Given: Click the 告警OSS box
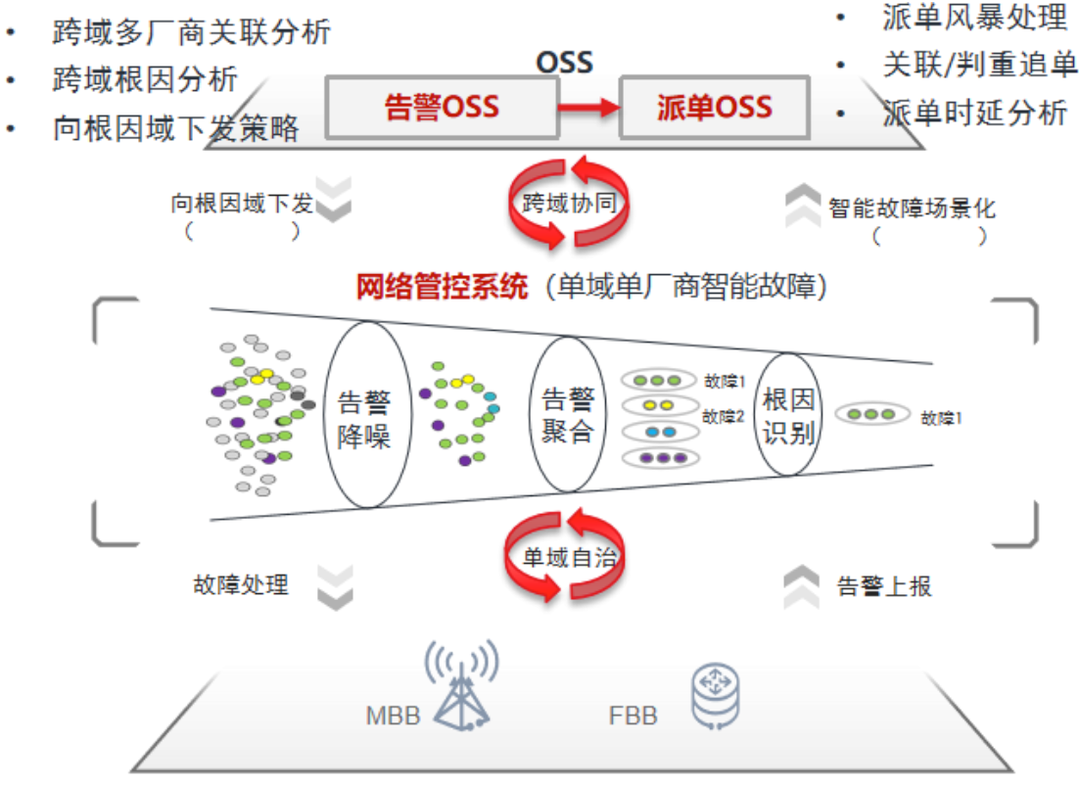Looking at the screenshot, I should (442, 107).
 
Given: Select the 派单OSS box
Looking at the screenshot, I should (714, 107).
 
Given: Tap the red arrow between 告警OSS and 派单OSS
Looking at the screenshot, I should (588, 107).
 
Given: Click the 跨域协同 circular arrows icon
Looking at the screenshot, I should (569, 202).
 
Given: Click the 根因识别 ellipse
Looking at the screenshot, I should (789, 414).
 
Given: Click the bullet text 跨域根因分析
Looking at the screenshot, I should (145, 79).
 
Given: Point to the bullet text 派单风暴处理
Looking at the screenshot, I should (974, 17).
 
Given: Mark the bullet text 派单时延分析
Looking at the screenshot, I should (974, 113).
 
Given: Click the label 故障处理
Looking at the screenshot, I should (241, 584).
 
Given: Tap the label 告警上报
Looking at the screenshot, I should (884, 585).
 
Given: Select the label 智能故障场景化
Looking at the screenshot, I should (912, 208).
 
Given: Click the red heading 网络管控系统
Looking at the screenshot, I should (443, 286).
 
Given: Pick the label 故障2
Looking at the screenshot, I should (724, 416).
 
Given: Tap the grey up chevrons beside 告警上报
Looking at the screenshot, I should (801, 586).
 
